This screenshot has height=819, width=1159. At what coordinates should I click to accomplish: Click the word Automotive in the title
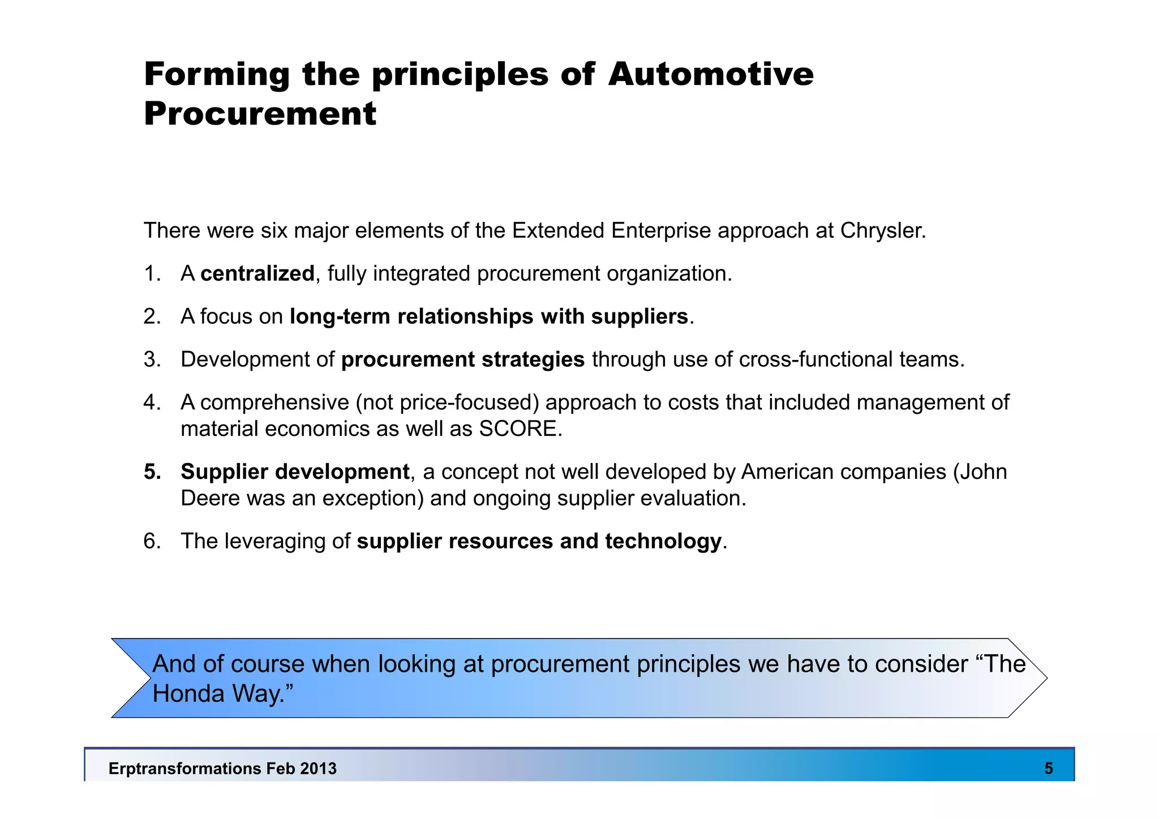pos(711,74)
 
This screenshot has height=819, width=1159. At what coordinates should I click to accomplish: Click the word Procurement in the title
pos(260,114)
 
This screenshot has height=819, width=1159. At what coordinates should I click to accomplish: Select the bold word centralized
pos(257,274)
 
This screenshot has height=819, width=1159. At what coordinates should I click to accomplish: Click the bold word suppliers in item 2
pos(639,316)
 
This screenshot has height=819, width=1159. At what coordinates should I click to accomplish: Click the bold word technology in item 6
pos(663,541)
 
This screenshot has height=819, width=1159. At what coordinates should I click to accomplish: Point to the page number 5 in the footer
pos(1049,769)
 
